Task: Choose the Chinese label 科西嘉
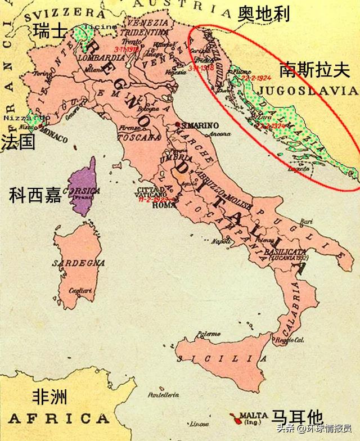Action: pos(35,195)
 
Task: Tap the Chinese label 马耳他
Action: pos(297,417)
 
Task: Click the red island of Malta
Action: pos(232,416)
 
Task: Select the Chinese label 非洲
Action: pos(50,397)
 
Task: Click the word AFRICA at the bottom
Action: pos(59,418)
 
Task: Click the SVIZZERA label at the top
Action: pos(54,11)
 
